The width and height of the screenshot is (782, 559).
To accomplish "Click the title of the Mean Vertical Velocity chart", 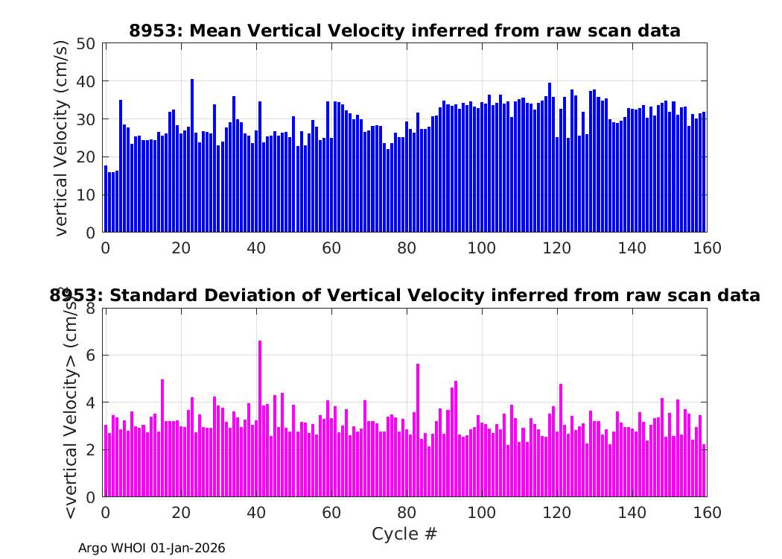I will (x=404, y=31).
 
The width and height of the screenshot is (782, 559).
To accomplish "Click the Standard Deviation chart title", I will (x=404, y=296).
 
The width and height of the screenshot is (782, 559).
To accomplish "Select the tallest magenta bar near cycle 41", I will (x=260, y=418).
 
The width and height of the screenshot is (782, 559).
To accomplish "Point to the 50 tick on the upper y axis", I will (x=86, y=43).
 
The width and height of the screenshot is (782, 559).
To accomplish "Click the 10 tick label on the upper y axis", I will (x=86, y=195).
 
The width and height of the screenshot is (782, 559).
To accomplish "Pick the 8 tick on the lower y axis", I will (x=90, y=307).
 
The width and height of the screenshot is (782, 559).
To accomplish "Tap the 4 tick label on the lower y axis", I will (x=90, y=402).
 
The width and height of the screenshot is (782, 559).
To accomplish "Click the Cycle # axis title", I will (x=404, y=534).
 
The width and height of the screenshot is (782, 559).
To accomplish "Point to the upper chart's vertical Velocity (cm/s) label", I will (x=62, y=138).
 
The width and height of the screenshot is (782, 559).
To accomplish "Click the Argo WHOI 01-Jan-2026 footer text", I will (x=152, y=549).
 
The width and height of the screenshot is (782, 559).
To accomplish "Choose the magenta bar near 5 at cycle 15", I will (x=162, y=438).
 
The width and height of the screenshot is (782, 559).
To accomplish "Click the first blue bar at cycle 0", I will (x=106, y=198).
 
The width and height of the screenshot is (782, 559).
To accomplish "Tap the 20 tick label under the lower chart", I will (x=180, y=513).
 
